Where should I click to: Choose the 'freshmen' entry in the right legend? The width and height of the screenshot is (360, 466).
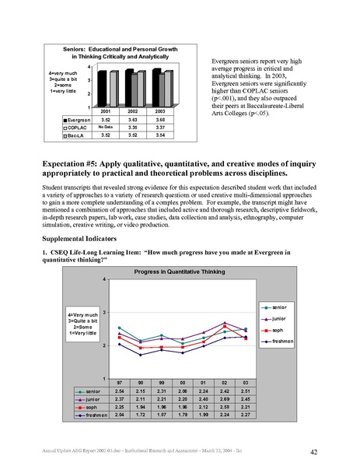281,340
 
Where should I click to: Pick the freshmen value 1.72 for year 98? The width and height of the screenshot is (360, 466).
140,412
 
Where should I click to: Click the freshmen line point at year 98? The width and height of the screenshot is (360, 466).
140,355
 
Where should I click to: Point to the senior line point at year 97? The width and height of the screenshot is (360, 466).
119,328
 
